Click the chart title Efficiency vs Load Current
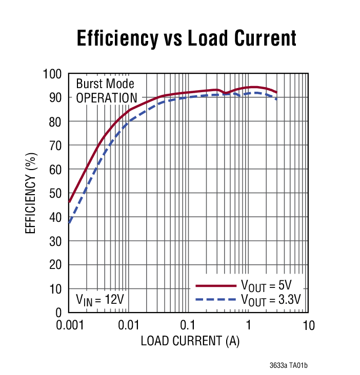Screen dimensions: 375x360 coord(187,38)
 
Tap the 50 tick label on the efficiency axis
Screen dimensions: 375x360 coord(56,194)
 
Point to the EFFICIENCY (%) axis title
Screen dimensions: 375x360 coord(31,193)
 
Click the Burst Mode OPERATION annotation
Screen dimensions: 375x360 coord(106,91)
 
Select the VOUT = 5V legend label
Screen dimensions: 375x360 coord(266,286)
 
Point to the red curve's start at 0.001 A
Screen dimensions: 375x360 coord(69,202)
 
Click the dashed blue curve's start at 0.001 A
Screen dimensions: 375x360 coord(69,223)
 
